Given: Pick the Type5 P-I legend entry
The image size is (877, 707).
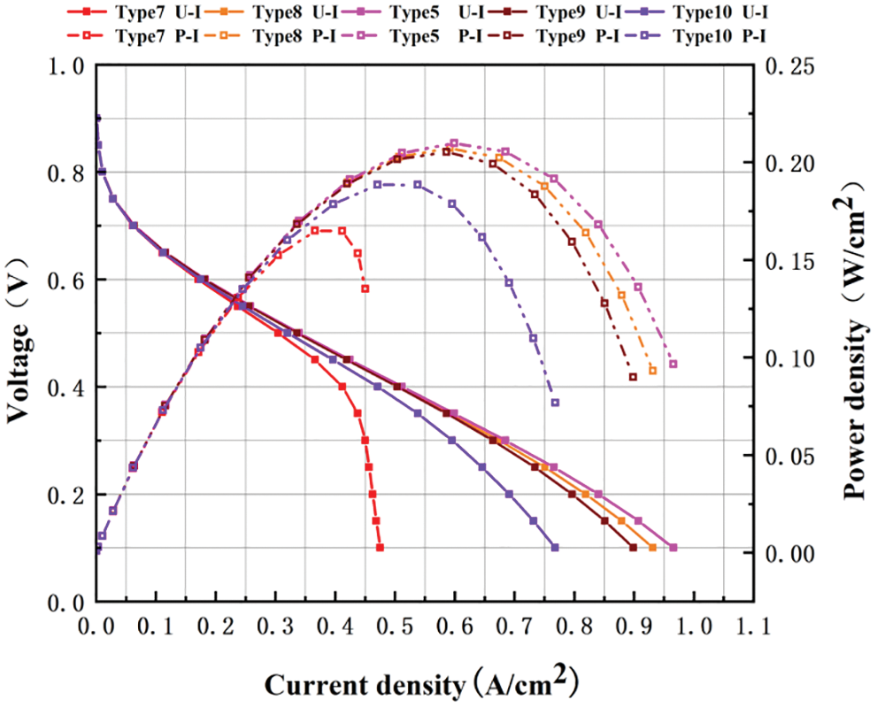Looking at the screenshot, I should pos(446,36).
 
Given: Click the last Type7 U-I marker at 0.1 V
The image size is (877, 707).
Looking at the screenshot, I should pos(380,548).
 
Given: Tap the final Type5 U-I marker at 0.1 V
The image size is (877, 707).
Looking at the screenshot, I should pos(673,548).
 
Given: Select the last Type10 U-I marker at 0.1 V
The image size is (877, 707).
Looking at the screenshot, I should pos(555,548).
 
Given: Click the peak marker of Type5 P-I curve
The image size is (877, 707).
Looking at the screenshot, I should pos(454,142).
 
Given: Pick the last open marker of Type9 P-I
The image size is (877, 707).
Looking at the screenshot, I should pos(633,377).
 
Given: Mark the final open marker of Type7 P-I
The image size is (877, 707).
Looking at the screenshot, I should pos(365,288).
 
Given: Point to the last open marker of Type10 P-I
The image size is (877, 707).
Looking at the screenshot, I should pos(555,403).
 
